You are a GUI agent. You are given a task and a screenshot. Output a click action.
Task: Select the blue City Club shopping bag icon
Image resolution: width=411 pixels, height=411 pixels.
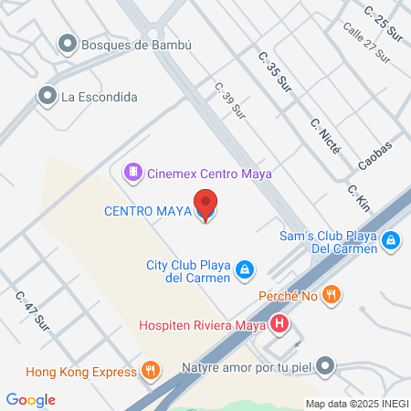(x=245, y=269)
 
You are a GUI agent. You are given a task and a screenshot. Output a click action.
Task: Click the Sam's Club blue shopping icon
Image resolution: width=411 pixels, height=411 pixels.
(x=391, y=240)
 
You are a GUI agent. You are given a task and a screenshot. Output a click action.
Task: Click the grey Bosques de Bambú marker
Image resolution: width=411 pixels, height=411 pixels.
(x=67, y=43)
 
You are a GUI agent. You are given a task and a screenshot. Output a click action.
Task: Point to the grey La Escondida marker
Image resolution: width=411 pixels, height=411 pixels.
(x=47, y=95)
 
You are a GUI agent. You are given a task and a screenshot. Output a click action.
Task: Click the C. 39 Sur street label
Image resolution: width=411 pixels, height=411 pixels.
(x=231, y=100)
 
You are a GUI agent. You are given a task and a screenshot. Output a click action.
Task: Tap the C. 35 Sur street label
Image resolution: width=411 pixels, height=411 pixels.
(x=275, y=72)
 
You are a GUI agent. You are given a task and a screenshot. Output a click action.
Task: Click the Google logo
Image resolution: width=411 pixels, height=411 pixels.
(x=30, y=399)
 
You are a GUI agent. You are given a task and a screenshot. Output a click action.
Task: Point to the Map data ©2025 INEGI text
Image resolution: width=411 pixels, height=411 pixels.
(x=354, y=403)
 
